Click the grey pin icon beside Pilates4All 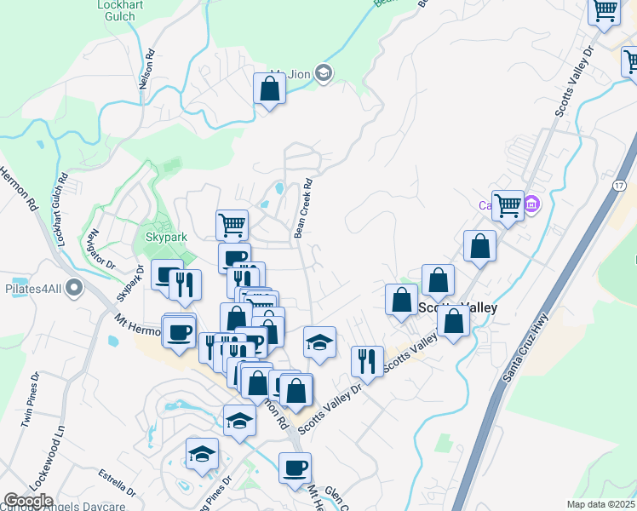(x=74, y=287)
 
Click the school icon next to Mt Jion (x=323, y=74)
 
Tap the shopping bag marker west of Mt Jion (x=269, y=89)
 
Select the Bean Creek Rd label (x=303, y=208)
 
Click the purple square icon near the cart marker (x=532, y=204)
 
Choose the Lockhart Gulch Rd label (x=62, y=213)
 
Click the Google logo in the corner (x=27, y=501)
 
